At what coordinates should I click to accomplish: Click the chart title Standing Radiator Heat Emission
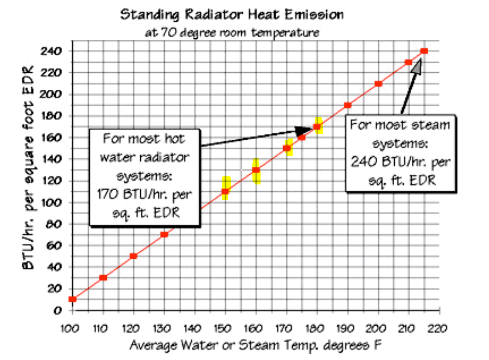pos(232,15)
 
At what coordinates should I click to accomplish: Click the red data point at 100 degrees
pos(72,299)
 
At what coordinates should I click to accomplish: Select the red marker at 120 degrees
pos(134,256)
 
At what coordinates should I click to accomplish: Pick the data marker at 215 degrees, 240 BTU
pos(424,51)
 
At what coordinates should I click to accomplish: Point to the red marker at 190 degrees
pos(348,105)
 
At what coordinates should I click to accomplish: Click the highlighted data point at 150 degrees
pos(226,191)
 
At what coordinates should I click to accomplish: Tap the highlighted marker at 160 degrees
pos(256,170)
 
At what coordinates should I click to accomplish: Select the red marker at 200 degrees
pos(378,84)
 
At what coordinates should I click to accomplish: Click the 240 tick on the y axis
pos(55,51)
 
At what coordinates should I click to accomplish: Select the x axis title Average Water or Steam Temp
pos(255,345)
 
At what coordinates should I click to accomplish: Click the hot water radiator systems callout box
pos(145,177)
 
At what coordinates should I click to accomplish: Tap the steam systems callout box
pos(400,153)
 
